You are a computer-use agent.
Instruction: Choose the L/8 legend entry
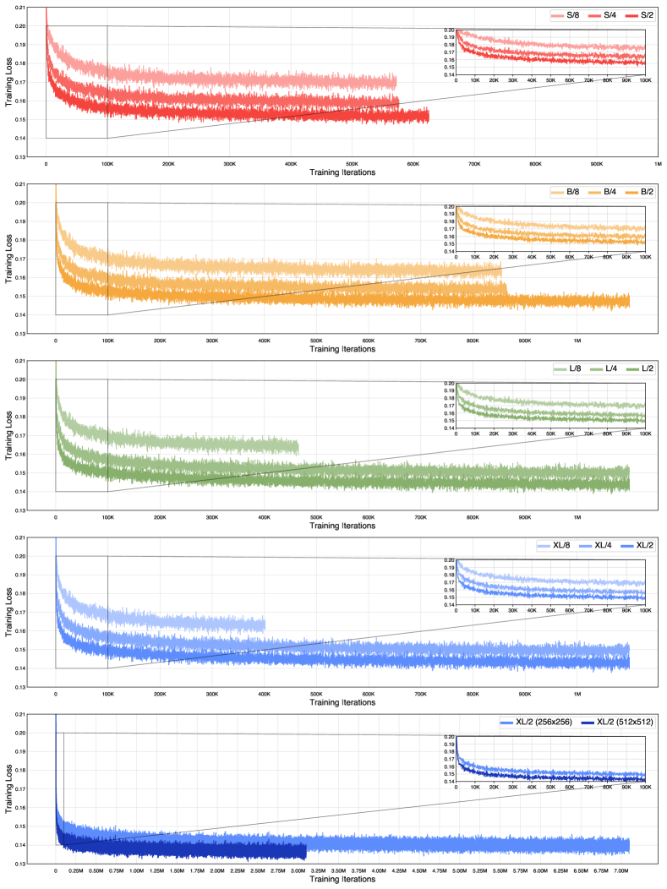(x=564, y=369)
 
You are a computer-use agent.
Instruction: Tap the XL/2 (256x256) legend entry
(x=524, y=723)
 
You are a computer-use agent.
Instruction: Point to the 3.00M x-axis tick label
(x=298, y=870)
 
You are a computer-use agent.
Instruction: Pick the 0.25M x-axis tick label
(x=76, y=870)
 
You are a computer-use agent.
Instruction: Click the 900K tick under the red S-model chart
(x=597, y=163)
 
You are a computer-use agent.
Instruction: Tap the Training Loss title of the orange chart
(x=8, y=258)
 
